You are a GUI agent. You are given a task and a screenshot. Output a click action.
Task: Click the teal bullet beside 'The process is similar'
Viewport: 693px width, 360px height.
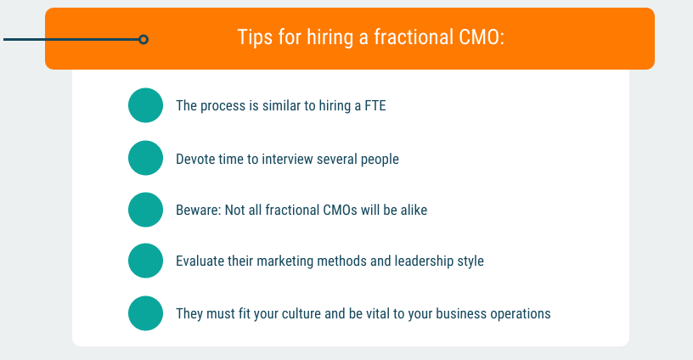tap(145, 105)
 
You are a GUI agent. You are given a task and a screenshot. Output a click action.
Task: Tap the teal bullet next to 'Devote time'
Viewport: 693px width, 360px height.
tap(145, 158)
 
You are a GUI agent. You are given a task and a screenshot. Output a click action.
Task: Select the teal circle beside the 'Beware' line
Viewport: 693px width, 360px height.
tap(145, 210)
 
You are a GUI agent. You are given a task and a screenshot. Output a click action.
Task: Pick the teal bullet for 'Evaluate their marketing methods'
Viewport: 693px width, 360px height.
tap(145, 261)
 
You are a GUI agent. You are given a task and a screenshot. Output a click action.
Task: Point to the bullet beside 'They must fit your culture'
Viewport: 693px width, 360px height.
tap(145, 313)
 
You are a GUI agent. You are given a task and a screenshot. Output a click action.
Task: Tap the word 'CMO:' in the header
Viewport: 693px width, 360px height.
tap(482, 37)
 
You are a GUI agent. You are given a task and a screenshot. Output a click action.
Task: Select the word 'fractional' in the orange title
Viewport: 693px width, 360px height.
tap(414, 37)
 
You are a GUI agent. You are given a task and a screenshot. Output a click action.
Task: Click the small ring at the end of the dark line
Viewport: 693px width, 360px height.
tap(144, 40)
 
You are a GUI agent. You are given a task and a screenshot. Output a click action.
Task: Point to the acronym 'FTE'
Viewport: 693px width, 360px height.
tap(375, 105)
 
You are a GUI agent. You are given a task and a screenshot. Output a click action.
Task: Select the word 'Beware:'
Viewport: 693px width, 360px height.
tap(199, 210)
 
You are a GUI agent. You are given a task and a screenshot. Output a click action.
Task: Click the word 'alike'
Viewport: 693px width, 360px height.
tap(414, 210)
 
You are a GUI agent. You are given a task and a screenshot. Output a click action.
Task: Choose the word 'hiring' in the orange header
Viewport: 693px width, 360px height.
tap(330, 37)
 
